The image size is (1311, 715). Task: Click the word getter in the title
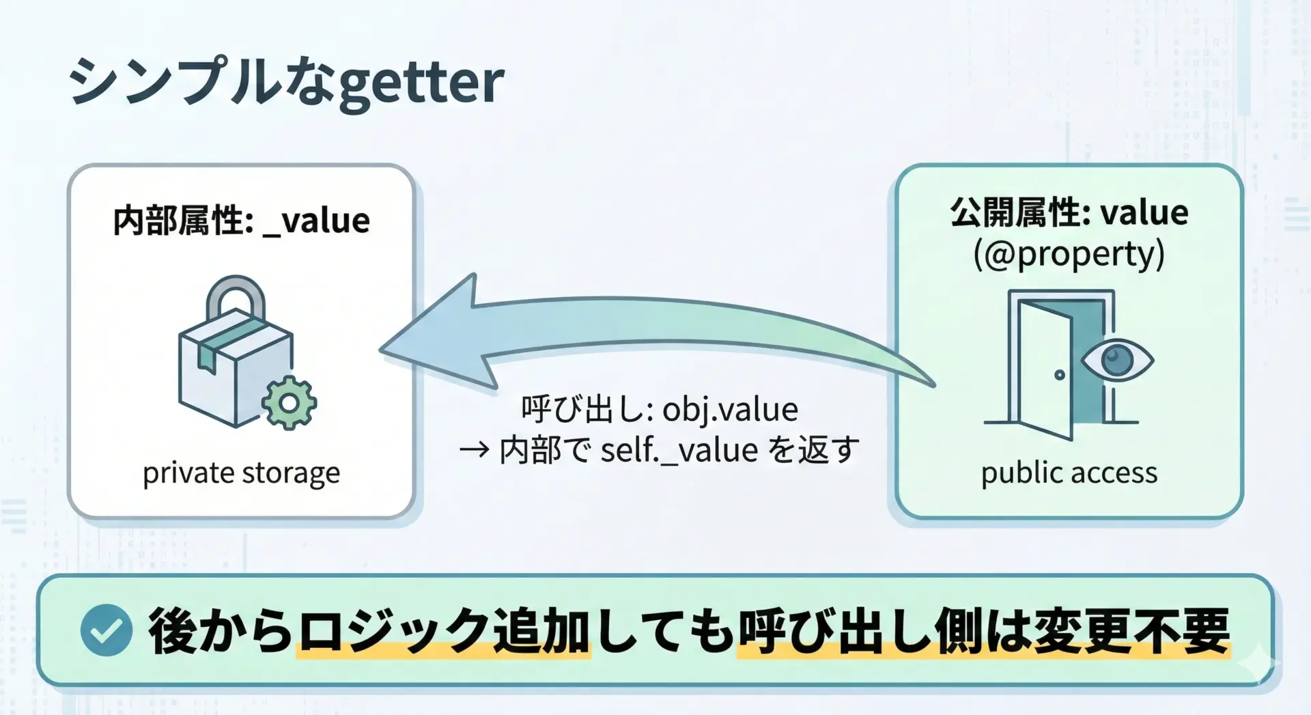[x=421, y=84]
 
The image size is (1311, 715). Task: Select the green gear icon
[x=289, y=403]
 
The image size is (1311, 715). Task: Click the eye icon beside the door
[x=1117, y=360]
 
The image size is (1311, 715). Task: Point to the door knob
[x=1059, y=375]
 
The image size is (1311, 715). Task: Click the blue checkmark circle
[x=106, y=630]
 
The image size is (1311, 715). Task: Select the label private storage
[x=241, y=473]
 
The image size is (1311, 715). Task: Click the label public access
[x=1069, y=473]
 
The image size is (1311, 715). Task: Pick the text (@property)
[x=1069, y=254]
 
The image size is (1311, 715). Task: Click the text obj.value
[x=730, y=410]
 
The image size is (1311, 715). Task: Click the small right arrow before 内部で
[x=474, y=450]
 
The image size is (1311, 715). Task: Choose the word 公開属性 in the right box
[x=1016, y=212]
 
